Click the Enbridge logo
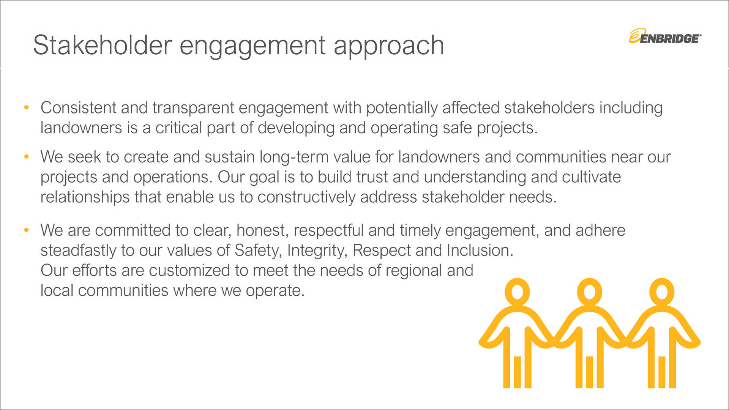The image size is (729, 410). pyautogui.click(x=665, y=36)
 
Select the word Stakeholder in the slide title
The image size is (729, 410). pyautogui.click(x=103, y=45)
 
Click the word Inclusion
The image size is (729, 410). pyautogui.click(x=480, y=251)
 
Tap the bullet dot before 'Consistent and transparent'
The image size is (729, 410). pyautogui.click(x=26, y=107)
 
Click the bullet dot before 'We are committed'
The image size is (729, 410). pyautogui.click(x=26, y=230)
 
